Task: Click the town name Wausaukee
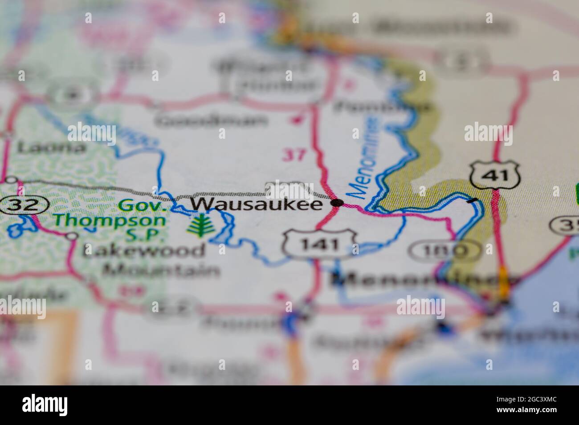pyautogui.click(x=257, y=204)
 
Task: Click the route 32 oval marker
pyautogui.click(x=24, y=205)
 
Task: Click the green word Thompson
pyautogui.click(x=110, y=220)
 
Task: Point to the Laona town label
pyautogui.click(x=51, y=147)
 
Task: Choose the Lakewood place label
pyautogui.click(x=144, y=251)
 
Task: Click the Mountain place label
pyautogui.click(x=161, y=270)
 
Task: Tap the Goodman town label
pyautogui.click(x=213, y=120)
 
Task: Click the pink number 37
pyautogui.click(x=294, y=155)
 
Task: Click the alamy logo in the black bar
pyautogui.click(x=45, y=405)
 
